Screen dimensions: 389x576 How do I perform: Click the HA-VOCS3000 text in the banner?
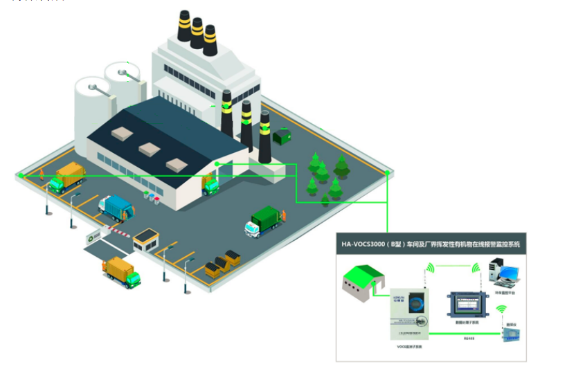367,244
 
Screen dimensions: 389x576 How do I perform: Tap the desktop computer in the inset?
503,272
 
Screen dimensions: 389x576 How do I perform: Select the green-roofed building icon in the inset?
364,284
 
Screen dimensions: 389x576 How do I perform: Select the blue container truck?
116,208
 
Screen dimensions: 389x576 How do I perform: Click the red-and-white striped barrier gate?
118,234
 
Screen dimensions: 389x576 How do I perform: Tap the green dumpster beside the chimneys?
282,136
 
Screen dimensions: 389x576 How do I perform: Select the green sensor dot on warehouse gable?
217,163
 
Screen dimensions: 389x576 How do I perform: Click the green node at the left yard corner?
21,176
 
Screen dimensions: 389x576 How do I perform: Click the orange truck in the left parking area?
66,176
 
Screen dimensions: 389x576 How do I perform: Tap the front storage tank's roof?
93,87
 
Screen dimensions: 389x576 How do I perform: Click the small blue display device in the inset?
510,334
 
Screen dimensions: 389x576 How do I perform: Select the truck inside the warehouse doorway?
210,185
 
